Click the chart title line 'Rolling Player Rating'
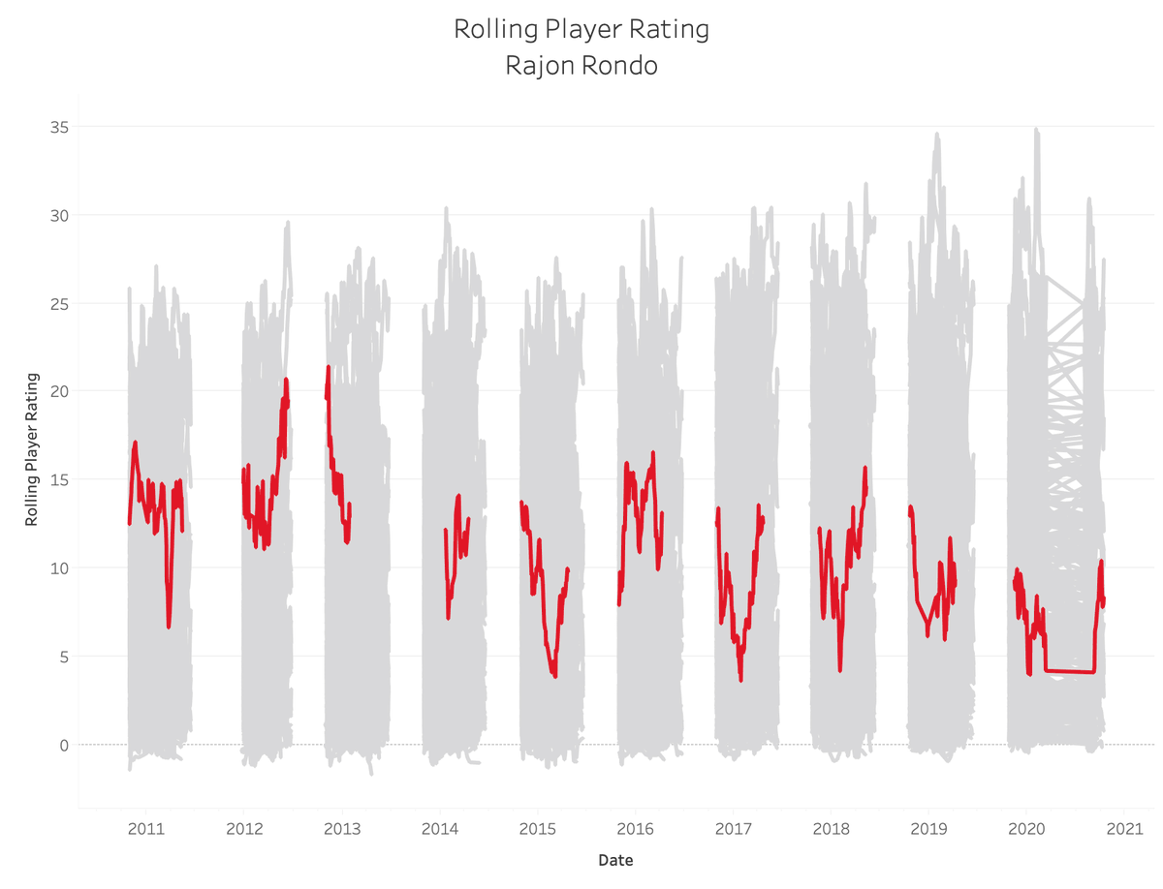coord(581,29)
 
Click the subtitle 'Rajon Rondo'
coord(581,66)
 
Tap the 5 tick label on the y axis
coord(63,657)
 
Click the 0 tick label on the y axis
coord(63,745)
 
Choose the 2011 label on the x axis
coord(145,829)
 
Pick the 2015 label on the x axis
coord(537,829)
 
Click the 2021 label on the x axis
coord(1124,829)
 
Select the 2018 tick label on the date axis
coord(831,829)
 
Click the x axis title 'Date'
coord(615,860)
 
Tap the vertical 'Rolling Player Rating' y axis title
coord(31,448)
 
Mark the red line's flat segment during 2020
coord(1069,671)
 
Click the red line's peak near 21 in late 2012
coord(329,368)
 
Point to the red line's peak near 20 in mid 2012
coord(286,381)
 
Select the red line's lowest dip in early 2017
coord(740,679)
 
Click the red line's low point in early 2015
coord(554,674)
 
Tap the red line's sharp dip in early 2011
coord(169,626)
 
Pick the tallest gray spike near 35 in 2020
coord(1036,130)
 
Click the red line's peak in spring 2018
coord(864,469)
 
